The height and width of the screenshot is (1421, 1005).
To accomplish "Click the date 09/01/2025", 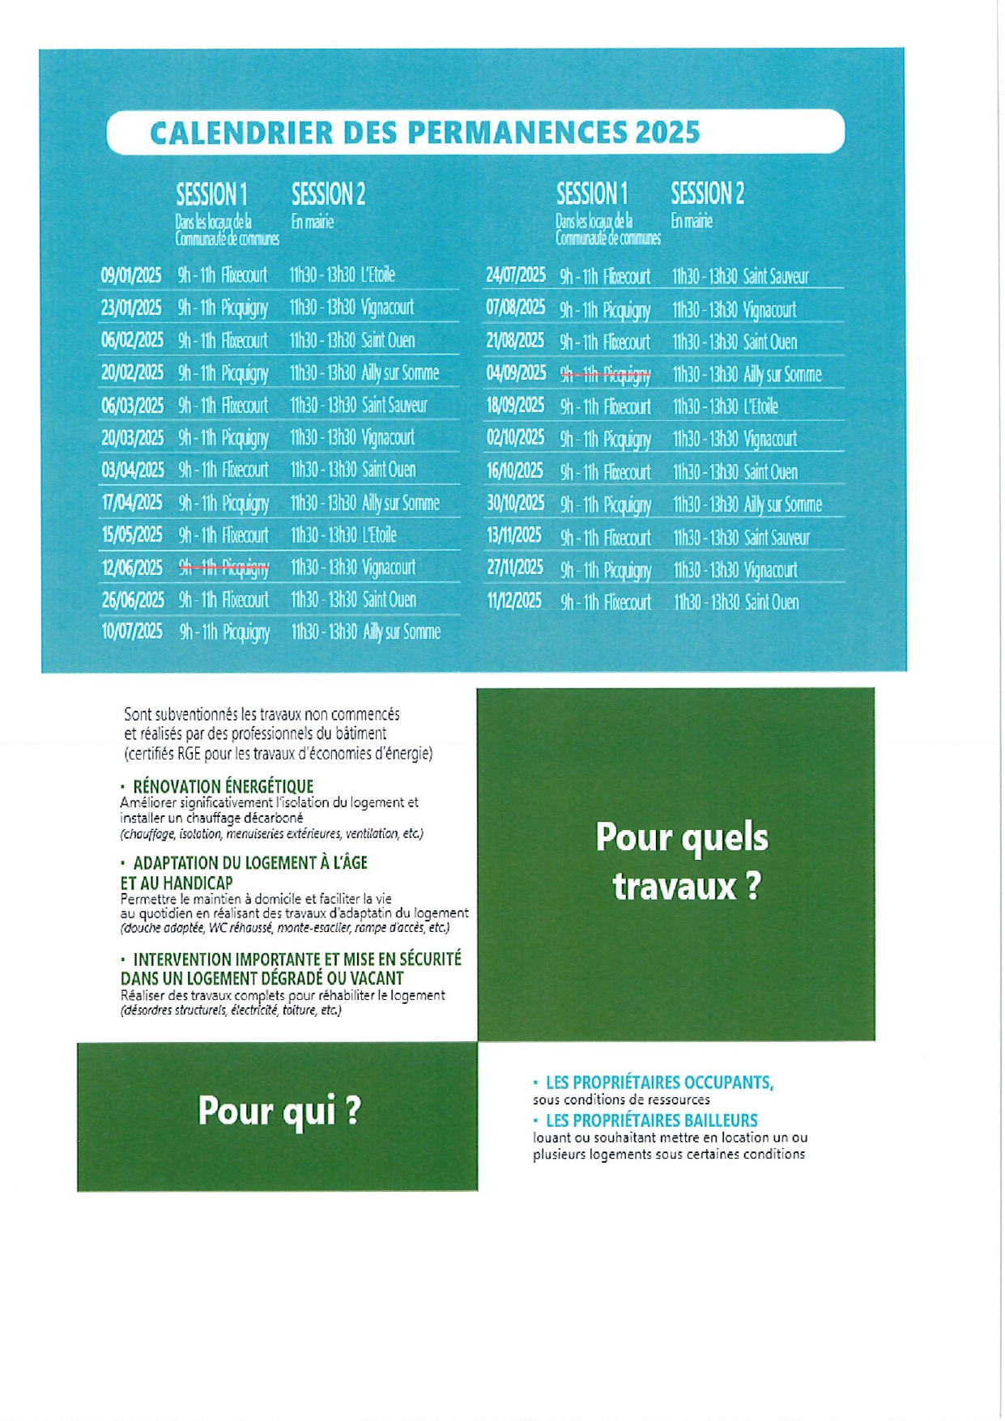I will [131, 275].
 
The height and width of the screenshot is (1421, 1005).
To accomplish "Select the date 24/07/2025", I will [516, 275].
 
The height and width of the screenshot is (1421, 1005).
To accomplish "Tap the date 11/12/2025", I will [514, 602].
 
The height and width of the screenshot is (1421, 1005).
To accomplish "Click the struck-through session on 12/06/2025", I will [224, 568].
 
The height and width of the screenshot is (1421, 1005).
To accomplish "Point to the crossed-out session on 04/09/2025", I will [605, 374].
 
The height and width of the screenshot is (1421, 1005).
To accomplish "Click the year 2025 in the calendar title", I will [667, 133].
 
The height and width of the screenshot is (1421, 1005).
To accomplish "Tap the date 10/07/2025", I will [132, 632].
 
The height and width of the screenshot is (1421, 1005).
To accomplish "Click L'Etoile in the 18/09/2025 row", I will [760, 406].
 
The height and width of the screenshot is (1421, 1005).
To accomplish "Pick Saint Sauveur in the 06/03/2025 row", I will [394, 405].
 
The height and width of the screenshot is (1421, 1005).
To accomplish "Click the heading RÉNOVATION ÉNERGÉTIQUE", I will [223, 786].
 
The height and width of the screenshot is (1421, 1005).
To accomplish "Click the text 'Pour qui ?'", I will [279, 1111].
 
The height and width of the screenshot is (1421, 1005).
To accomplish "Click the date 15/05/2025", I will [132, 535].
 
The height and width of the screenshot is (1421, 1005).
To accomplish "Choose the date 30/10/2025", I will [515, 504].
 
